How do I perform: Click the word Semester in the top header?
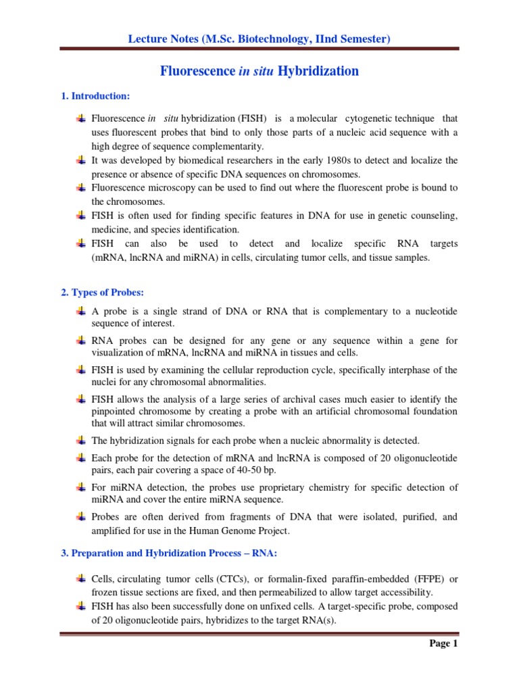coord(363,40)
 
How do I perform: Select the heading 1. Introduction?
coord(95,97)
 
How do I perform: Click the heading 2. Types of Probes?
coord(103,292)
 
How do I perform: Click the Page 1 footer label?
coord(444,643)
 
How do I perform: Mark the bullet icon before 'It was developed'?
coord(82,160)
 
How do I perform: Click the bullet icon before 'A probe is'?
coord(82,311)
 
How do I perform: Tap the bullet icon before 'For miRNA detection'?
coord(82,487)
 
